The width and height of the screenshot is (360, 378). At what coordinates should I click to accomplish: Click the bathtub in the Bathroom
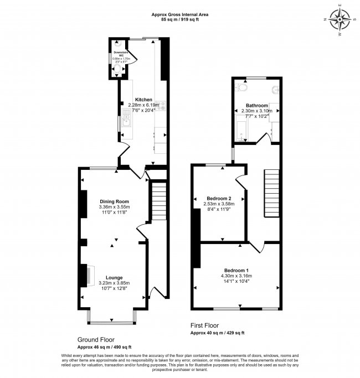(x=239, y=131)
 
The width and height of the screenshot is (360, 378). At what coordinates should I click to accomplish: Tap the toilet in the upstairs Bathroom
(x=242, y=87)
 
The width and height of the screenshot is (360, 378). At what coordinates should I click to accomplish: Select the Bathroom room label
(x=257, y=105)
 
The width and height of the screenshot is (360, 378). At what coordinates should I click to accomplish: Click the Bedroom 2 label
(x=219, y=198)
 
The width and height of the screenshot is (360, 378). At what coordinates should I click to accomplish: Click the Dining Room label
(x=114, y=201)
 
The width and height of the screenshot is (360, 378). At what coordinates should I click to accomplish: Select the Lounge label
(x=114, y=277)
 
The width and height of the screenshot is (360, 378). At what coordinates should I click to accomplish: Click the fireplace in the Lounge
(x=88, y=275)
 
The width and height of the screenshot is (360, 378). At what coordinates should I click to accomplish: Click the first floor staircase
(x=271, y=189)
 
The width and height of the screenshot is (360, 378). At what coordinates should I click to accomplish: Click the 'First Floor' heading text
(x=205, y=325)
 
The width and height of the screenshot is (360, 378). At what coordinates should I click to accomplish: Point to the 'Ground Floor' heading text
(x=95, y=339)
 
